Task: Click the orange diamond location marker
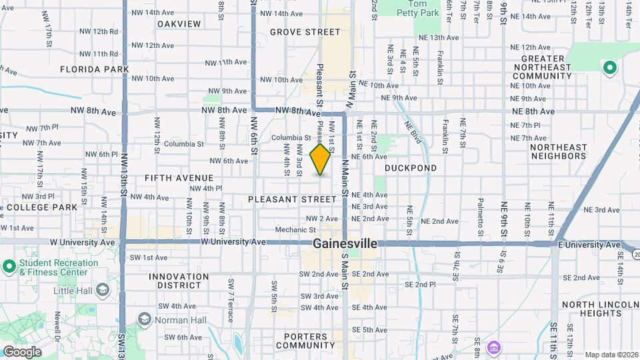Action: click(321, 159)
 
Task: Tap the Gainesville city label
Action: click(345, 244)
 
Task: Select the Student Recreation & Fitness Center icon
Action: click(9, 267)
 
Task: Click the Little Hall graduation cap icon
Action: click(103, 290)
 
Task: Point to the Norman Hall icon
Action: click(144, 319)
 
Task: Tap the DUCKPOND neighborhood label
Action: click(411, 169)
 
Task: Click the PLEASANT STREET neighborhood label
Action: click(292, 199)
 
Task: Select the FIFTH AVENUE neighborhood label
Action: click(179, 178)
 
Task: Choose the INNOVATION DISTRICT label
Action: click(175, 281)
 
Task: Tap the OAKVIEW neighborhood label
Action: click(179, 24)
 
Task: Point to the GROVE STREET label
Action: click(305, 32)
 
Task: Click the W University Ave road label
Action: click(233, 242)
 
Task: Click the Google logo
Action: click(22, 351)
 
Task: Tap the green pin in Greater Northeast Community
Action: click(609, 67)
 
